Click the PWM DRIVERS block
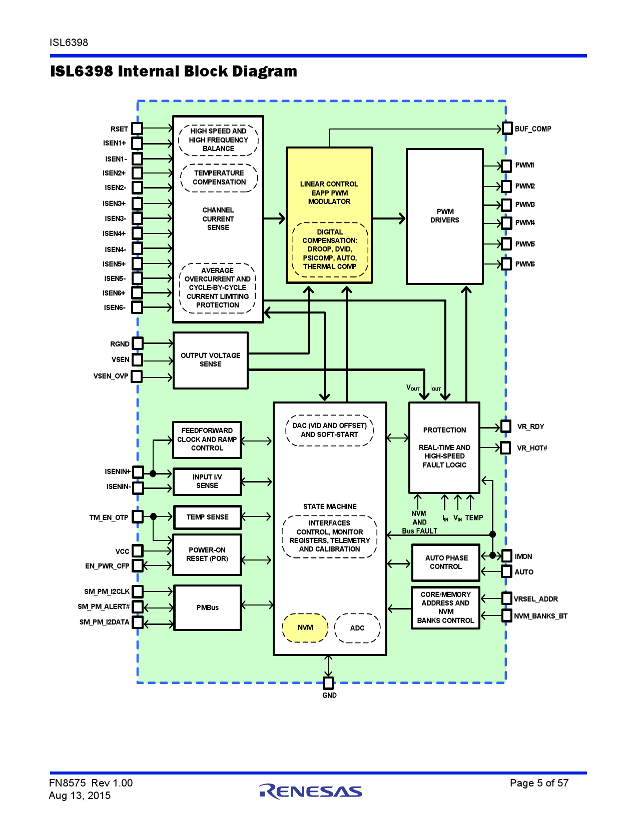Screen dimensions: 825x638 click(x=444, y=216)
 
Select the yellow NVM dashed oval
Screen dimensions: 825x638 click(x=305, y=627)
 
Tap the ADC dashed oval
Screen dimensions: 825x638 click(x=357, y=628)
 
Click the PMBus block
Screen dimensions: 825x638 click(x=207, y=607)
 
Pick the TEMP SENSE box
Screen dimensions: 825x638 click(x=207, y=517)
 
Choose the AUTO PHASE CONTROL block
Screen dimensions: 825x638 click(x=446, y=562)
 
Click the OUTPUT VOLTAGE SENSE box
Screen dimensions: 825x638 click(x=211, y=360)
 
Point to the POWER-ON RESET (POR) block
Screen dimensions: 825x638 click(x=207, y=554)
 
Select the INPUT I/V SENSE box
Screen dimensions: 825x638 click(x=207, y=481)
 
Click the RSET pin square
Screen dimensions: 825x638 click(x=137, y=129)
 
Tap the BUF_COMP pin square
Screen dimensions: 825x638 click(x=507, y=128)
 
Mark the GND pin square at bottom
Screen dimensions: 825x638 click(x=328, y=683)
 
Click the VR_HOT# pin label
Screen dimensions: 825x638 click(x=532, y=448)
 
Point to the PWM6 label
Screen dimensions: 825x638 click(x=525, y=264)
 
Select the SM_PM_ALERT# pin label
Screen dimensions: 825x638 click(x=104, y=606)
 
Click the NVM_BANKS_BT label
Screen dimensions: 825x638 click(x=540, y=616)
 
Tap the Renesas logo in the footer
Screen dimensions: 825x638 click(x=311, y=791)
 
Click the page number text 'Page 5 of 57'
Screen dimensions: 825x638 click(x=539, y=783)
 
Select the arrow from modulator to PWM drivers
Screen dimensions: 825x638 click(x=389, y=218)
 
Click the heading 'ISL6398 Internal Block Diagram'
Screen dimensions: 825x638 click(x=174, y=71)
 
